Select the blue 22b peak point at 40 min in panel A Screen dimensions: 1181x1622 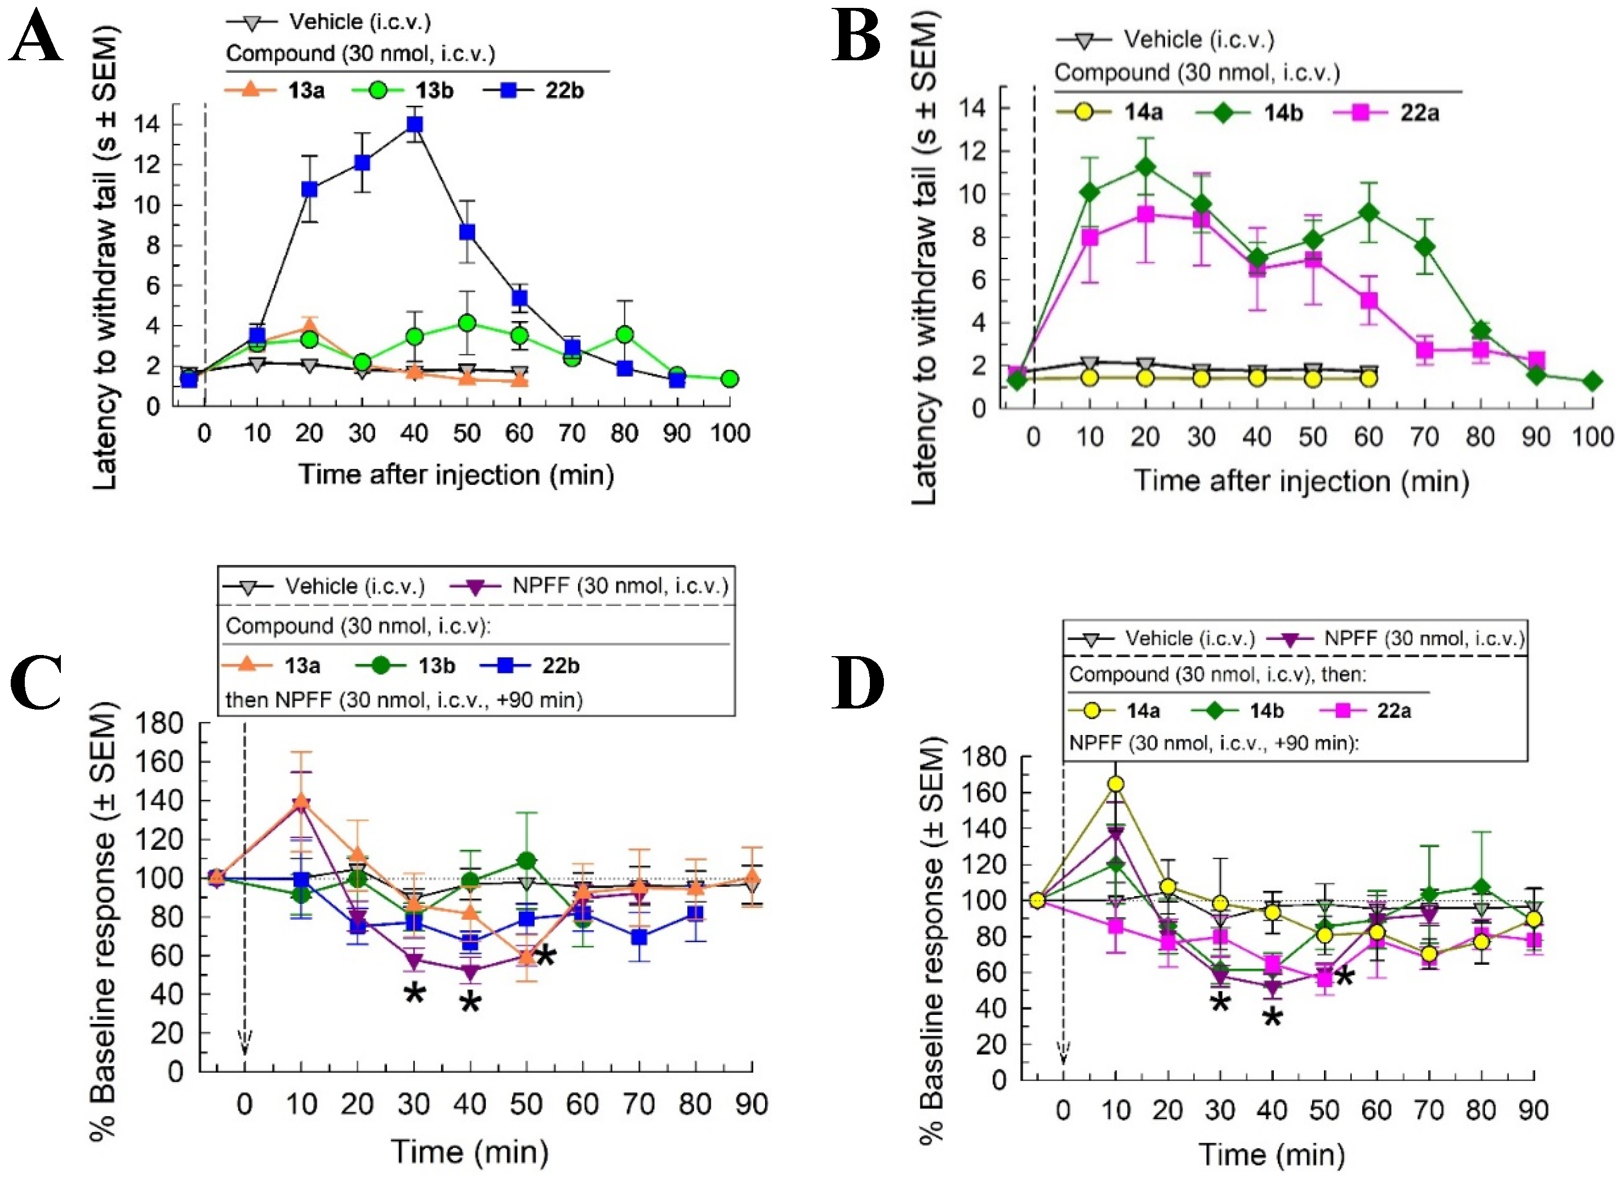point(414,124)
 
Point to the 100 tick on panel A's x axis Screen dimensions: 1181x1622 point(730,433)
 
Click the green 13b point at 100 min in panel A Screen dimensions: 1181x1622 point(730,379)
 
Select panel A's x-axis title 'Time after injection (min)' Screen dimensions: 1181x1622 point(456,475)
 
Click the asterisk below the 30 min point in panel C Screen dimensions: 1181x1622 point(414,995)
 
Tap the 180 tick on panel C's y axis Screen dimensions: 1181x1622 point(164,724)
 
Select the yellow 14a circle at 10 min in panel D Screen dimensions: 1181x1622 point(1115,784)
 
